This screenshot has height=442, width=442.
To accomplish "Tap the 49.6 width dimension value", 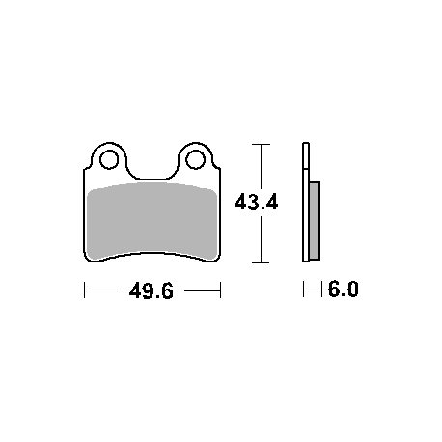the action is click(x=152, y=290).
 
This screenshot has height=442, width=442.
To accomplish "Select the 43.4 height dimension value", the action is click(x=256, y=203).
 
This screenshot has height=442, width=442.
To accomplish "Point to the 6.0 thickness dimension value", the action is click(x=343, y=289).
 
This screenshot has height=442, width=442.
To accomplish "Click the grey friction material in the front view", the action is click(x=152, y=221).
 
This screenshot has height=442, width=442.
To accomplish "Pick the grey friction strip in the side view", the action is click(x=315, y=221).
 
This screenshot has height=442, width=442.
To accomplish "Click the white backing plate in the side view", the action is click(x=306, y=202).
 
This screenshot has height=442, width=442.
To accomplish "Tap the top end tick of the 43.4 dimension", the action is click(x=261, y=144).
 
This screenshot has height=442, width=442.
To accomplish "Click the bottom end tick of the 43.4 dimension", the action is click(x=261, y=262).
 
